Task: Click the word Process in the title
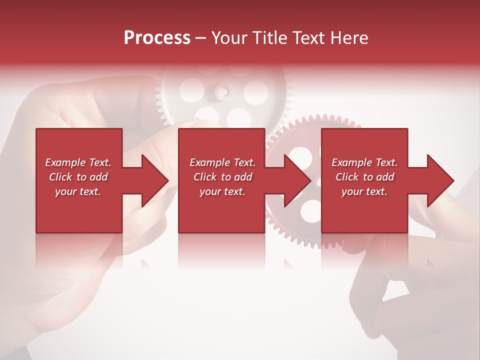coord(157,38)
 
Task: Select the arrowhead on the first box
coord(153,181)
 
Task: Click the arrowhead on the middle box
coord(295,181)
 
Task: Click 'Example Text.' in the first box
coord(78,162)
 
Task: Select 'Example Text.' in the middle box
coord(222,162)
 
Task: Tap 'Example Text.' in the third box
coord(364,162)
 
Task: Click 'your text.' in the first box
coord(78,191)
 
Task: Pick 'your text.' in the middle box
coord(222,191)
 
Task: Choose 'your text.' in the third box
coord(364,191)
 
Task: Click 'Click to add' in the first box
coord(78,177)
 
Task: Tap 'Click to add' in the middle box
coord(222,177)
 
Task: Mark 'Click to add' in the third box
coord(364,177)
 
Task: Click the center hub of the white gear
coord(224,91)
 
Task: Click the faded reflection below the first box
coord(79,250)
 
